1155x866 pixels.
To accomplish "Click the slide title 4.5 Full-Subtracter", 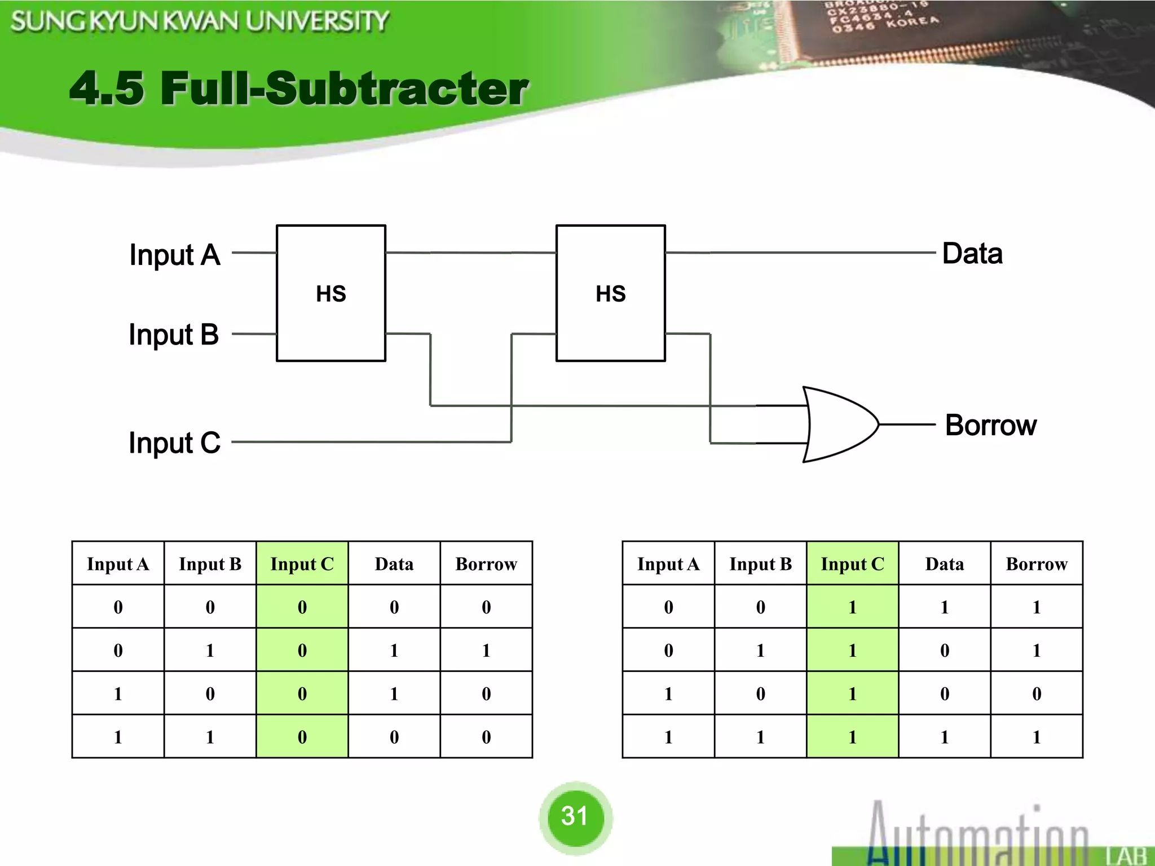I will tap(299, 89).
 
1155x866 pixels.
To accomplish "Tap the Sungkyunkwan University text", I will tap(200, 21).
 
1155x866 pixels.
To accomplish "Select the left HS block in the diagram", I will tap(331, 293).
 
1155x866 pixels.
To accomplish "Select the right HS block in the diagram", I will tap(611, 293).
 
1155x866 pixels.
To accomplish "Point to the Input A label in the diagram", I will tap(174, 255).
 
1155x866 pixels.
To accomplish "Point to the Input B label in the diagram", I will tap(174, 335).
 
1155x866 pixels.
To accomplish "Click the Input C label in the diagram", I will tap(174, 443).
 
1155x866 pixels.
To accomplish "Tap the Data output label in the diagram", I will tap(972, 254).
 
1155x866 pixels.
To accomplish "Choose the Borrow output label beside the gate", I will tap(991, 425).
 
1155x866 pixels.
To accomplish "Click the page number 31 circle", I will tap(575, 816).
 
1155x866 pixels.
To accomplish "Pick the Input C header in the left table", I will tap(302, 564).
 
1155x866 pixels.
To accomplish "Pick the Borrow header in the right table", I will tap(1037, 564).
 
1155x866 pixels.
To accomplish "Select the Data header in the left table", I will tap(394, 564).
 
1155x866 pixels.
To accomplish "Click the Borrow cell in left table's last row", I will tap(486, 737).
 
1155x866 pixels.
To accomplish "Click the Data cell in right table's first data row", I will tap(945, 607).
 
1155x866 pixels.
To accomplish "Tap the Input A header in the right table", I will tap(668, 564).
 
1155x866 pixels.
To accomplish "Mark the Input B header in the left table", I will tap(210, 564).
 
